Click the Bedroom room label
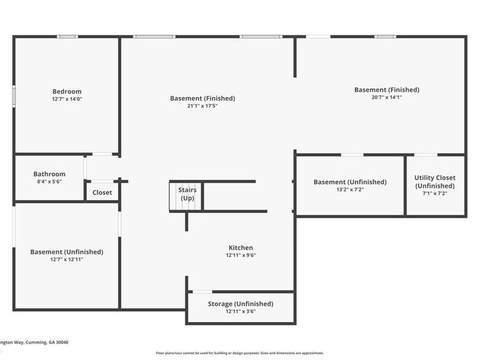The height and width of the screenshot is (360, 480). (67, 92)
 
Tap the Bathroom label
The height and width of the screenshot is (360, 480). (49, 174)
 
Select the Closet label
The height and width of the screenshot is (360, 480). (102, 193)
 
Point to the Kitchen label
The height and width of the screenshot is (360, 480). (241, 247)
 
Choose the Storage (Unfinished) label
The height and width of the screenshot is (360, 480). (241, 304)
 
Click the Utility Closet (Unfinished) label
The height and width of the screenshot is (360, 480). (435, 182)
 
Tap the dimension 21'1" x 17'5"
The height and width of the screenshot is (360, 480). (203, 106)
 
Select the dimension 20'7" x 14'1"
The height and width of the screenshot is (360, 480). (387, 98)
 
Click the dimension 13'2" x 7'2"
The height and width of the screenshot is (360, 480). (350, 189)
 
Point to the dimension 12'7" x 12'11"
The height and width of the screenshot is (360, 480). (67, 260)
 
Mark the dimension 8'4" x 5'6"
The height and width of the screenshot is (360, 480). (49, 181)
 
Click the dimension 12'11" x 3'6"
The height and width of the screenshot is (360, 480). (241, 311)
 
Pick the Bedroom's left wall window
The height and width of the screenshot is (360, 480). (14, 97)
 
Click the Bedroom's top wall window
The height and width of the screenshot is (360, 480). (67, 37)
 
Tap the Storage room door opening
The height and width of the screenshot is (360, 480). (202, 292)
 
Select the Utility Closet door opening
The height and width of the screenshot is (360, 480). (426, 155)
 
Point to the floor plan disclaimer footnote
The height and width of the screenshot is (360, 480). (239, 353)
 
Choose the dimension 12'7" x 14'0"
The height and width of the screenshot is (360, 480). (67, 99)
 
